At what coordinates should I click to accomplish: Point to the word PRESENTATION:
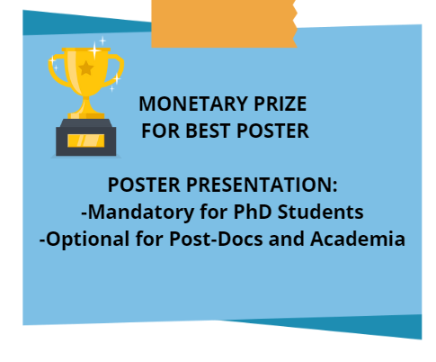pyautogui.click(x=262, y=185)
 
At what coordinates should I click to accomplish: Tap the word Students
pyautogui.click(x=320, y=212)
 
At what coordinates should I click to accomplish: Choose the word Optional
pyautogui.click(x=88, y=240)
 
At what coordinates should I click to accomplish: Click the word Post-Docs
pyautogui.click(x=216, y=239)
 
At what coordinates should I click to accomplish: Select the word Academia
pyautogui.click(x=358, y=239)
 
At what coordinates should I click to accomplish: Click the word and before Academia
pyautogui.click(x=287, y=239)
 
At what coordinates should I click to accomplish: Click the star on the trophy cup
pyautogui.click(x=86, y=68)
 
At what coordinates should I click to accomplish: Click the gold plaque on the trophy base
pyautogui.click(x=86, y=140)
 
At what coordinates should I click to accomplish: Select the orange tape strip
pyautogui.click(x=224, y=23)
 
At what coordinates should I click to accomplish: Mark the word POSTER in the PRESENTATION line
pyautogui.click(x=144, y=185)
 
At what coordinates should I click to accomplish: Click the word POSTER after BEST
pyautogui.click(x=272, y=131)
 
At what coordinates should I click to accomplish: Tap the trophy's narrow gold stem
pyautogui.click(x=86, y=104)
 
